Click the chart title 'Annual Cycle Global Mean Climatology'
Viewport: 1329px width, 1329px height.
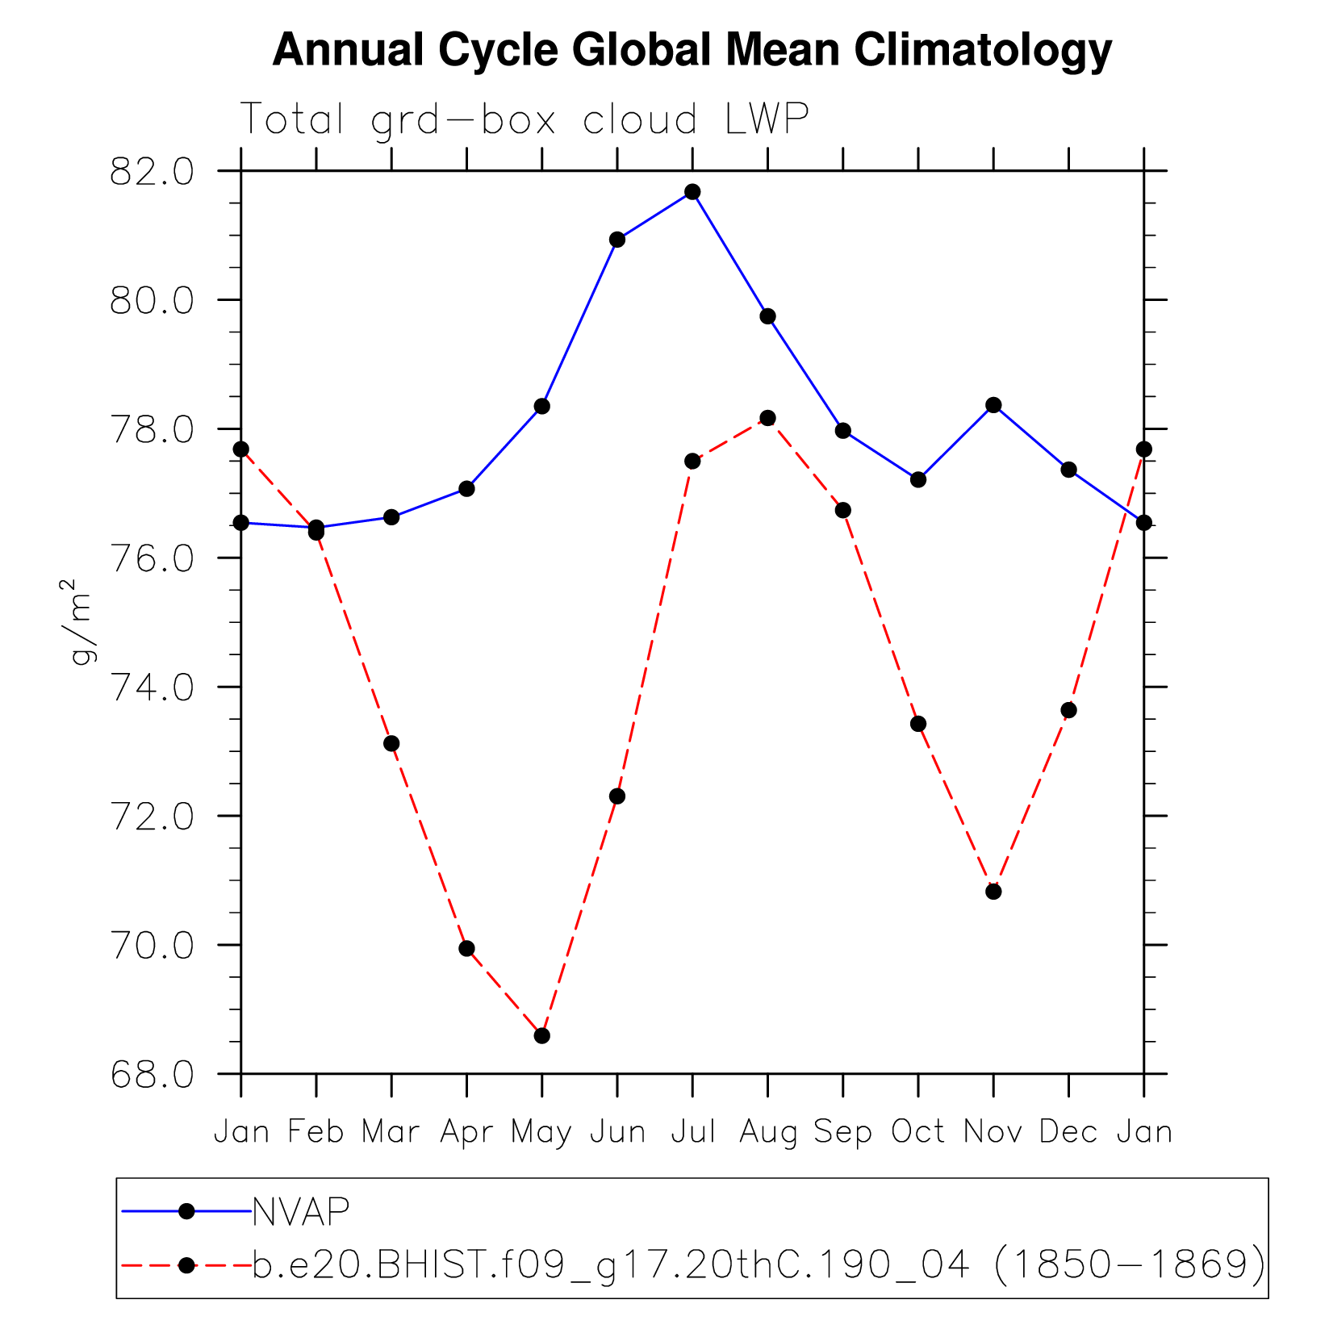point(692,50)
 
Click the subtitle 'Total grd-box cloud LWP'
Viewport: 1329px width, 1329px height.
point(524,119)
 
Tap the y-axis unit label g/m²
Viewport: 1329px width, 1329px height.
point(81,621)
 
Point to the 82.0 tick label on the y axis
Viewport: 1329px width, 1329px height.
point(152,173)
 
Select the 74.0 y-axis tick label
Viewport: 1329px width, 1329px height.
point(152,688)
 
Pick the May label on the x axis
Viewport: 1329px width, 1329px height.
point(541,1133)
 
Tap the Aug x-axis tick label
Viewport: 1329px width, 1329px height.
point(767,1133)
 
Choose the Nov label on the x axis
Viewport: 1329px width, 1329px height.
point(993,1132)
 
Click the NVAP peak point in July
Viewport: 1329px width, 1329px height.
point(692,192)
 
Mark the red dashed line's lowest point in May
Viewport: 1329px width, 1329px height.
point(542,1035)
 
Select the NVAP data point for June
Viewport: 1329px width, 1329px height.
point(617,240)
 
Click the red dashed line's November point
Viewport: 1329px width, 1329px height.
point(993,892)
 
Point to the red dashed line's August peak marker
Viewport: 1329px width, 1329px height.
point(767,418)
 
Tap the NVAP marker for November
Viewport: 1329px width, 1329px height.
point(993,405)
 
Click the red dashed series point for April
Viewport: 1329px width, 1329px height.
point(466,948)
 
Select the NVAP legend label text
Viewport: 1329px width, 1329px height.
point(301,1211)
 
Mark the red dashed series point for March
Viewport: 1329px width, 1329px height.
point(391,743)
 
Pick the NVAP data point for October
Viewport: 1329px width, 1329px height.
point(918,479)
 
